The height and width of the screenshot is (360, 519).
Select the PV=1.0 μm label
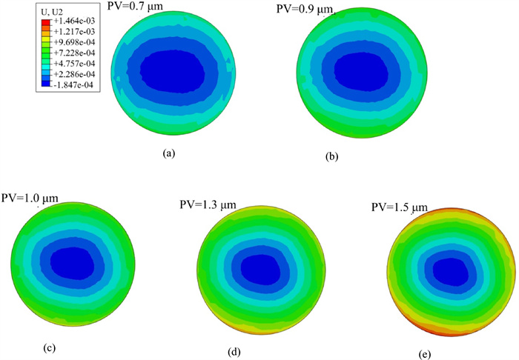(30, 199)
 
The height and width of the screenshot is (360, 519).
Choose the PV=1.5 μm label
(400, 207)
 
